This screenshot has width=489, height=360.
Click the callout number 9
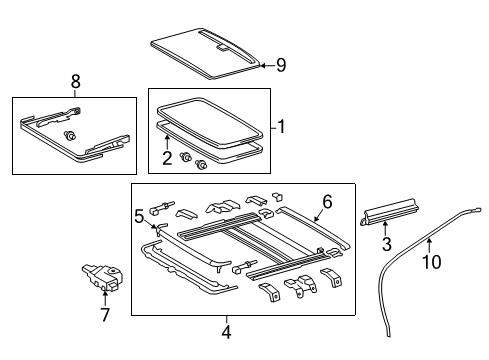click(x=281, y=66)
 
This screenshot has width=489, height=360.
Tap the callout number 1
click(x=282, y=128)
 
